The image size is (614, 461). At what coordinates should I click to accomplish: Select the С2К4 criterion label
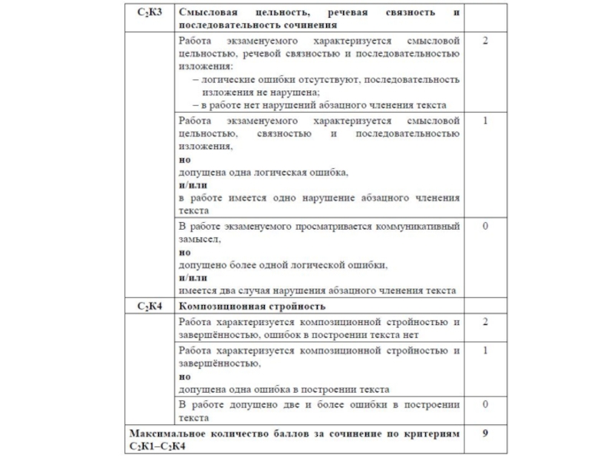[150, 307]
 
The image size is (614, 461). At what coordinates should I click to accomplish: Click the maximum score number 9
[485, 434]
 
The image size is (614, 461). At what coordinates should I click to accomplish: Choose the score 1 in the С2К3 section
[485, 121]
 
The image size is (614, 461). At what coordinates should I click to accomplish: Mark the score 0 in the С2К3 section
[485, 227]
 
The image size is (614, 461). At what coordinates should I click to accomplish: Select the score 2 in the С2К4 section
[485, 322]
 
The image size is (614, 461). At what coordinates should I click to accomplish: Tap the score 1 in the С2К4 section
[485, 350]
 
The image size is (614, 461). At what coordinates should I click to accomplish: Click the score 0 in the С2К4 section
[485, 404]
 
